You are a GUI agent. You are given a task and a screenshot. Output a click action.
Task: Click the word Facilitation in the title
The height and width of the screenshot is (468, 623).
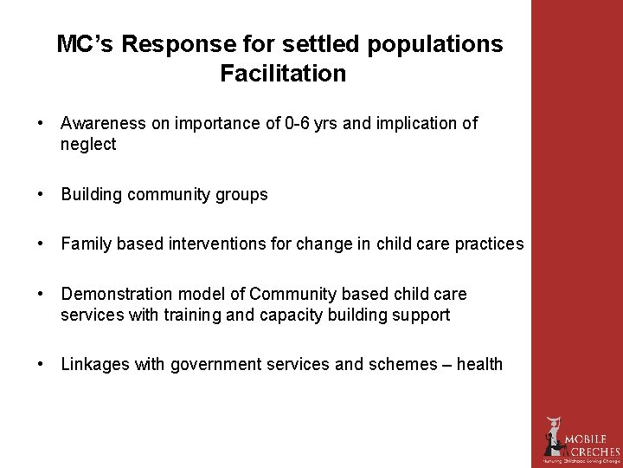point(283,74)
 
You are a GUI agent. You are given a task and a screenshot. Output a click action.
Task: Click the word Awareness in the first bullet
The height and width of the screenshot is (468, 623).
point(104,123)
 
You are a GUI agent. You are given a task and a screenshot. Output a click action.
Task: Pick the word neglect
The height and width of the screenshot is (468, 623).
point(87,145)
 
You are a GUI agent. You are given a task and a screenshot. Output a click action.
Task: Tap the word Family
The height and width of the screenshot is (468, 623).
point(85,244)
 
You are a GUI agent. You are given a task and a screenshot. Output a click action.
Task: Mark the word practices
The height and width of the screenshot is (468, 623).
point(491,244)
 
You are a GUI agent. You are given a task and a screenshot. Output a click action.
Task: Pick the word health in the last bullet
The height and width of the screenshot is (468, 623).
point(479,364)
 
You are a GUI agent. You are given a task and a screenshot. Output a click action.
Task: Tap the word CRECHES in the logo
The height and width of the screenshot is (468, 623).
point(593,452)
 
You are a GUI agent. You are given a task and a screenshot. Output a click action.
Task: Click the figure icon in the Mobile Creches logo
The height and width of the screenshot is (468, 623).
point(552,437)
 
